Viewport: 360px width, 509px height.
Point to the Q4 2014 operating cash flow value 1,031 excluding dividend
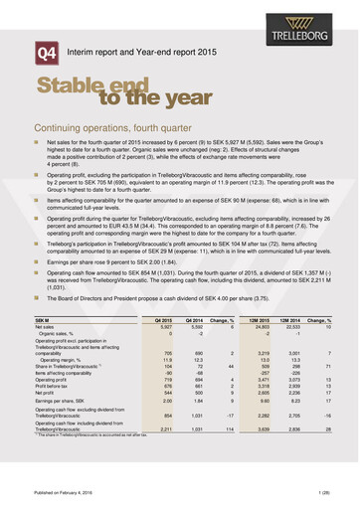pos(197,417)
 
